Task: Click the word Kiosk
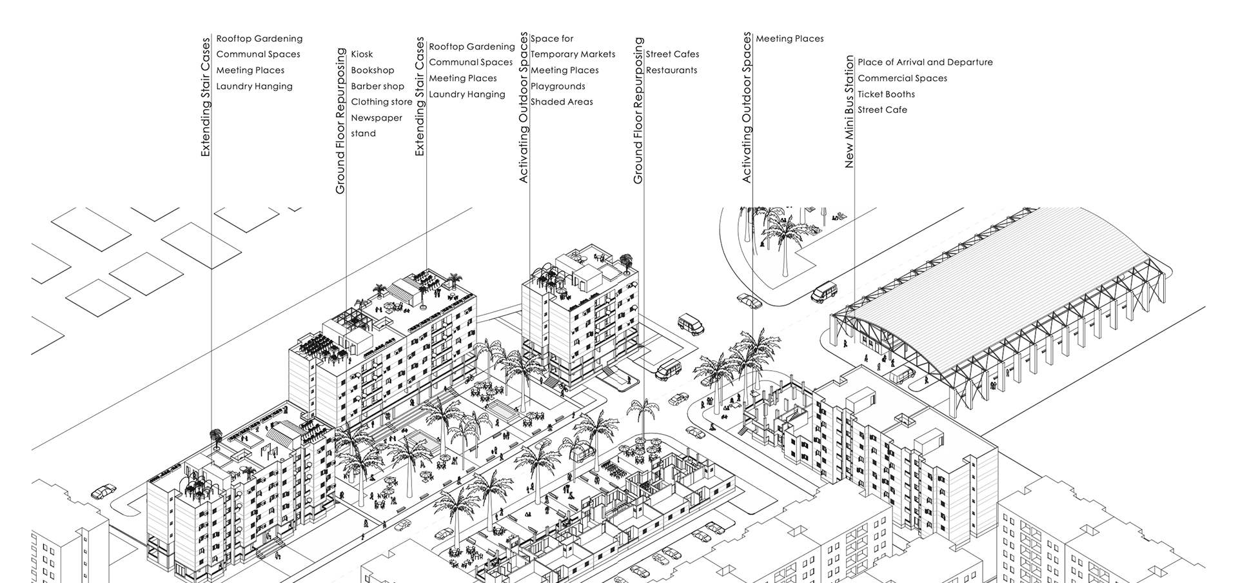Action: point(362,54)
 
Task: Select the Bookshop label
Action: point(372,70)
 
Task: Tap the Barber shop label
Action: point(377,86)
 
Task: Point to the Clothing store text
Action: point(381,102)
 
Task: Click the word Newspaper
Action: point(376,118)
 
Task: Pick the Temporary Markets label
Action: point(573,54)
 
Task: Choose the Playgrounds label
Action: point(558,86)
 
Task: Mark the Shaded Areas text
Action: point(562,102)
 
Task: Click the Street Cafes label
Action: point(672,54)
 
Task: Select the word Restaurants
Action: point(671,70)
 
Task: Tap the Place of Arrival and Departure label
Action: point(925,63)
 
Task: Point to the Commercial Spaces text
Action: point(902,78)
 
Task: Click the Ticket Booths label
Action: point(886,94)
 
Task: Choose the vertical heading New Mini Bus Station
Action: point(849,112)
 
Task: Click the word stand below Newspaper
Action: point(363,133)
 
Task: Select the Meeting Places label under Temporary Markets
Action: point(564,70)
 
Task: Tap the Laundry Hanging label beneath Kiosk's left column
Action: point(254,86)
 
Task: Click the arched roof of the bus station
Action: point(1006,271)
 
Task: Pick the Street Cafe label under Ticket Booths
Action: point(882,110)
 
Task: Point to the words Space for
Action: point(552,39)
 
